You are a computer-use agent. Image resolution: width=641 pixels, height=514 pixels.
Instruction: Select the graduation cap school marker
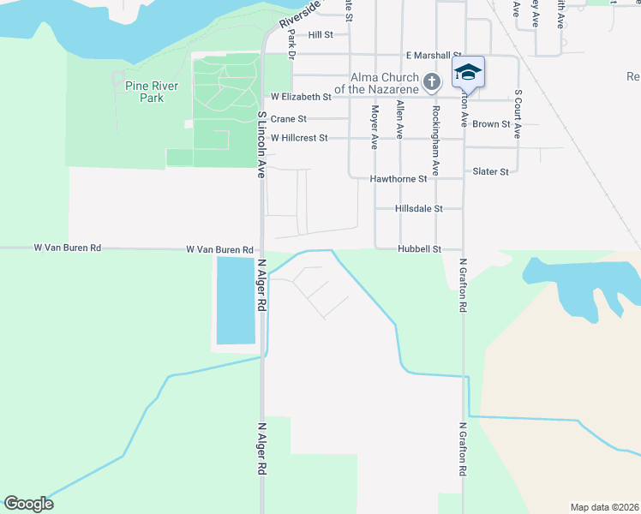[x=468, y=72]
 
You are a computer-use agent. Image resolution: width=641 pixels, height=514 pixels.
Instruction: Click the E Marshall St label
[x=434, y=55]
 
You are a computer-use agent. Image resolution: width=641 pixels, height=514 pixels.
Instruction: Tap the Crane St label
[x=288, y=119]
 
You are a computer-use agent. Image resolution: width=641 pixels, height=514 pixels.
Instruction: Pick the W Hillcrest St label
[x=299, y=138]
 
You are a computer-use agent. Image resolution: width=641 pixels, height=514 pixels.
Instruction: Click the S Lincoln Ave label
[x=261, y=144]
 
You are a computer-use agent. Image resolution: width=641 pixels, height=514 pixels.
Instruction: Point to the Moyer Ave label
[x=374, y=127]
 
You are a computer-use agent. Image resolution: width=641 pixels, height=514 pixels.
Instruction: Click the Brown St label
[x=491, y=124]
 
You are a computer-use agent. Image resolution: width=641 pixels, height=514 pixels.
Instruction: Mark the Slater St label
[x=491, y=172]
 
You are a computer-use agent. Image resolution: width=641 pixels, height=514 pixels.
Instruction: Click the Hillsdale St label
[x=418, y=208]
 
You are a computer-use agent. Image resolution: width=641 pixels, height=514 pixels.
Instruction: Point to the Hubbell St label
[x=418, y=249]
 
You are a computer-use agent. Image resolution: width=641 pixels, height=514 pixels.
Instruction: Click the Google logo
[x=28, y=504]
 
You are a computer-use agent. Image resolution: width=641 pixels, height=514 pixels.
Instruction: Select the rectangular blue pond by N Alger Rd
[x=235, y=300]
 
